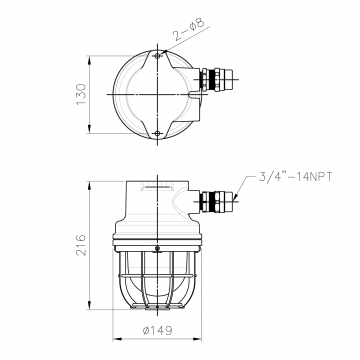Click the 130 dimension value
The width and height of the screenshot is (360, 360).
81,94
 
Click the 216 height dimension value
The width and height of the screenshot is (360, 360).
81,245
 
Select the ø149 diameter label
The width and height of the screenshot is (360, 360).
158,331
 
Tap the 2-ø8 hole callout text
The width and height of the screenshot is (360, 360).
188,29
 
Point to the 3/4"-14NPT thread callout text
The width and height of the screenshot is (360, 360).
296,177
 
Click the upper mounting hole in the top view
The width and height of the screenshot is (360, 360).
157,55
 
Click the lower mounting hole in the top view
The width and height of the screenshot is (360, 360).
157,133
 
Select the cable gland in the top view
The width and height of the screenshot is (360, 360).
216,79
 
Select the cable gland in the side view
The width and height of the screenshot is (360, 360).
216,201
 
